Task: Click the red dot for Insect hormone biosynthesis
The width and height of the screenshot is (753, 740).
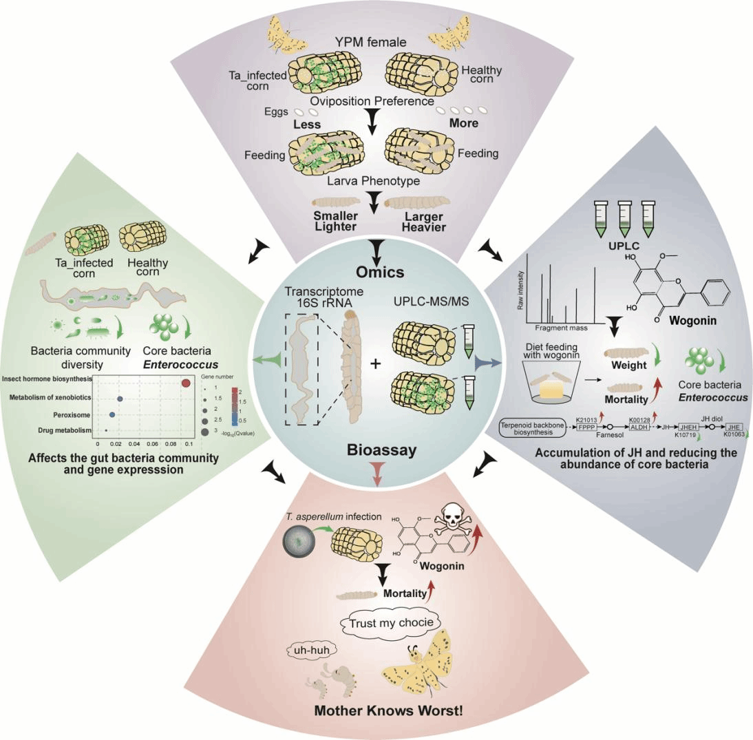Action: click(x=185, y=383)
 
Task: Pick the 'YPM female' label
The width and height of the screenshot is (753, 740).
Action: click(x=376, y=43)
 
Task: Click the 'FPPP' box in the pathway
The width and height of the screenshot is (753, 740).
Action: click(x=586, y=427)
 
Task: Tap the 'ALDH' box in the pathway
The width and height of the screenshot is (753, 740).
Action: click(x=638, y=427)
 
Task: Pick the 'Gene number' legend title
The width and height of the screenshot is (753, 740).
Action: click(x=213, y=377)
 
